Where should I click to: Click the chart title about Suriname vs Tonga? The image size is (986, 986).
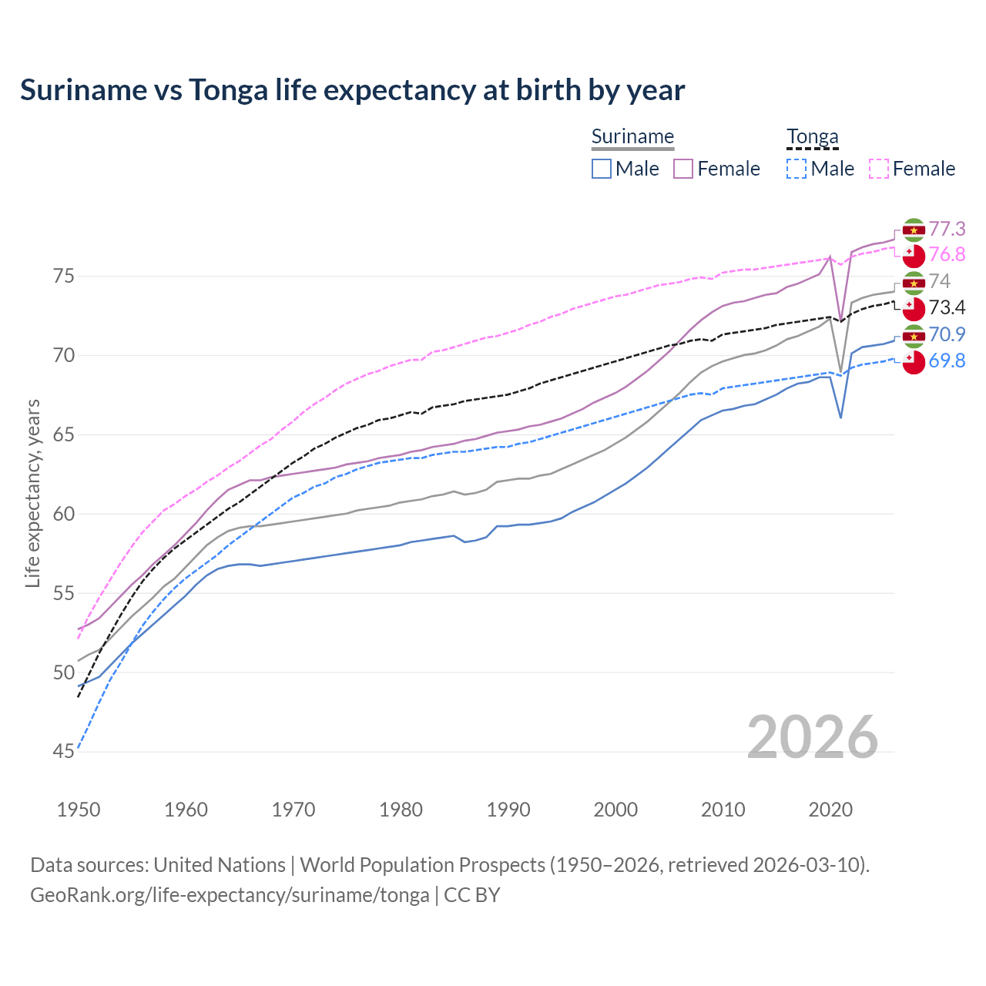[352, 90]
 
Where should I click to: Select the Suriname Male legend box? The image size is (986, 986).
[602, 169]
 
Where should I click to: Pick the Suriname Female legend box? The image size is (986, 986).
[683, 169]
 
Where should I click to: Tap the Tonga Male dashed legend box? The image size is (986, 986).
[797, 169]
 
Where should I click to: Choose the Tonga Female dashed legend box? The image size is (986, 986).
[879, 169]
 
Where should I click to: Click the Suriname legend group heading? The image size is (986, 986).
[632, 137]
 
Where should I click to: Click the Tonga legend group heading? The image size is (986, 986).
[812, 137]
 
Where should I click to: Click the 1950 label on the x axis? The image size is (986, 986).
[79, 810]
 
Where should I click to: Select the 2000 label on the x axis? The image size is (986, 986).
[615, 810]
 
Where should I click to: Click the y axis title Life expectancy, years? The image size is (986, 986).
[33, 493]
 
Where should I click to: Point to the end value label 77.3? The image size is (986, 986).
[947, 230]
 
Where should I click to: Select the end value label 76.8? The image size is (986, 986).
[947, 255]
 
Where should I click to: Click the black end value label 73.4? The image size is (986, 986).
[947, 308]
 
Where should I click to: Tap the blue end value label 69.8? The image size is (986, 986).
[947, 361]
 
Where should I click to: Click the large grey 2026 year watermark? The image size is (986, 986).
[812, 737]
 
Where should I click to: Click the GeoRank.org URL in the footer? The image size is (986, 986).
[230, 895]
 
